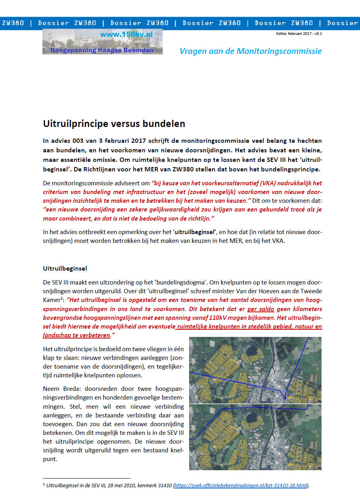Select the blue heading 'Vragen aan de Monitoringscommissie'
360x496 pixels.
point(251,51)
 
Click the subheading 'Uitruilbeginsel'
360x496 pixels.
point(65,269)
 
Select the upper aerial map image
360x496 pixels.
point(255,370)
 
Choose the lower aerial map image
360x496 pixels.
point(255,437)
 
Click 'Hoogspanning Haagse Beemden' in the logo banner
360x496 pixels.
point(101,50)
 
